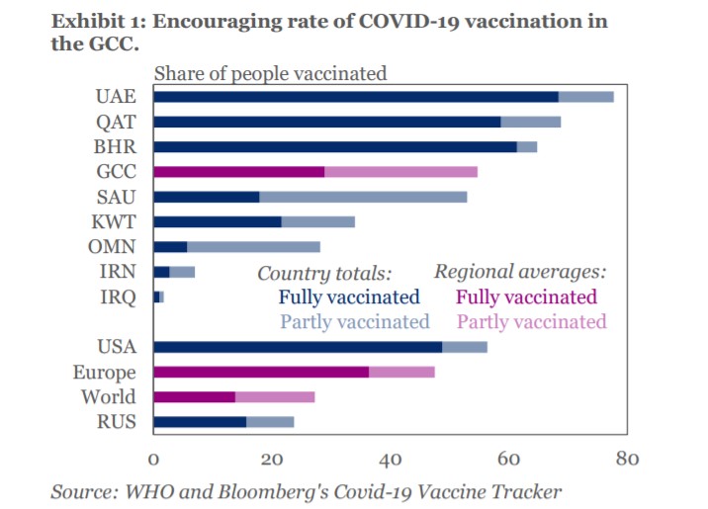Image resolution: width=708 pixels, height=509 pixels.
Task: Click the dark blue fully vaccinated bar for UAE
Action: click(356, 97)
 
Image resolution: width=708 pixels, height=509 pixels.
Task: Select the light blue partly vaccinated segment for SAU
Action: click(363, 197)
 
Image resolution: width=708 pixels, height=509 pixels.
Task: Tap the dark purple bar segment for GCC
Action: click(239, 172)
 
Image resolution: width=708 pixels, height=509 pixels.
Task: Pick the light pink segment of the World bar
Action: click(275, 397)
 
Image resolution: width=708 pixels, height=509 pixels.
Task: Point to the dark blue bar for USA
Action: click(298, 347)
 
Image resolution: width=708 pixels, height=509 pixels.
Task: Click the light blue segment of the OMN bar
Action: click(253, 247)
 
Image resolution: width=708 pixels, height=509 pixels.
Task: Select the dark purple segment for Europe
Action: click(261, 373)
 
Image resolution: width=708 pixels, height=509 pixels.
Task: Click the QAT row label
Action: click(116, 122)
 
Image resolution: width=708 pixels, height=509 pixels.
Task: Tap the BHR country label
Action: click(116, 146)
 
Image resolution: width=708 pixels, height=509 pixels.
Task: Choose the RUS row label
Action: click(117, 422)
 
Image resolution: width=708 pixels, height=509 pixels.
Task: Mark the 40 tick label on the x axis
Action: click(390, 459)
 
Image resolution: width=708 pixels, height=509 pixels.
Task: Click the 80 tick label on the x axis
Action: click(627, 459)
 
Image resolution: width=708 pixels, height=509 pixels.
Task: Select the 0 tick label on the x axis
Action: click(153, 459)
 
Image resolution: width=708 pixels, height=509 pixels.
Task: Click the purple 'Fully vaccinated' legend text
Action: click(526, 297)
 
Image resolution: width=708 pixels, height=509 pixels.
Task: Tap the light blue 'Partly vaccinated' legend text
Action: click(355, 322)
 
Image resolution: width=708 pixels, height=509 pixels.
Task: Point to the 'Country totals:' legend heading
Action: click(324, 273)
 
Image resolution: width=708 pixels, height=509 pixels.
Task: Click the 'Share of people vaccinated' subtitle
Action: click(270, 72)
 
